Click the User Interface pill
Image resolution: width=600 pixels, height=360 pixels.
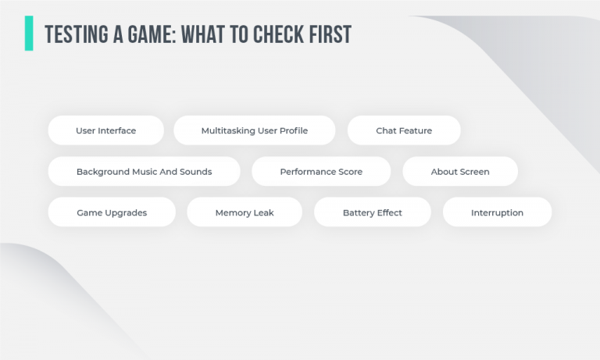coord(106,130)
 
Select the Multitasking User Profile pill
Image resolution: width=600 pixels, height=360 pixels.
coord(255,130)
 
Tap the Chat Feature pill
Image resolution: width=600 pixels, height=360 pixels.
coord(404,130)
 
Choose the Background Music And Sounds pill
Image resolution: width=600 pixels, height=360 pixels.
coord(145,171)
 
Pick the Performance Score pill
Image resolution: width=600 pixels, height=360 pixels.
coord(321,171)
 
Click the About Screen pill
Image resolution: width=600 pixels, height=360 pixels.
coord(460,171)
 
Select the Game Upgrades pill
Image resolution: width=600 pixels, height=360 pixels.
coord(112,212)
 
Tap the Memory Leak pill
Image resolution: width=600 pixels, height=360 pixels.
coord(245,212)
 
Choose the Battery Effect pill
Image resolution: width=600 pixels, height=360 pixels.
coord(373,212)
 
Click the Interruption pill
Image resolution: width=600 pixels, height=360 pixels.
coord(498,212)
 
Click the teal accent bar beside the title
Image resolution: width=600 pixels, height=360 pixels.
coord(29,34)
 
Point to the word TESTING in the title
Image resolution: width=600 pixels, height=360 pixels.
coord(77,34)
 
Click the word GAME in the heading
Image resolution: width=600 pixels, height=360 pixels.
coord(152,34)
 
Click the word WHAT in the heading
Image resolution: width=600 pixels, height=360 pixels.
coord(203,34)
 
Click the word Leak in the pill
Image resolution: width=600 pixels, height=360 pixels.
coord(264,212)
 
